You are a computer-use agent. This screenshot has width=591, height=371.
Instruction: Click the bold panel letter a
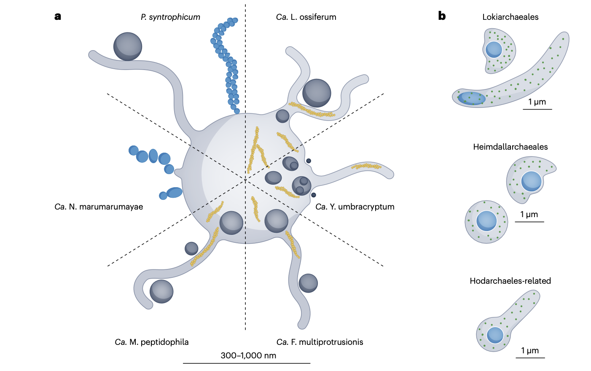pyautogui.click(x=58, y=16)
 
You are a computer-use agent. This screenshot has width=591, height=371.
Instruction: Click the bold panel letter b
pyautogui.click(x=442, y=16)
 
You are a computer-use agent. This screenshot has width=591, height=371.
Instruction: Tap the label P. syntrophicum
pyautogui.click(x=170, y=17)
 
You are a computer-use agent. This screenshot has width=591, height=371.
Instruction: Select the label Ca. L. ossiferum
pyautogui.click(x=306, y=17)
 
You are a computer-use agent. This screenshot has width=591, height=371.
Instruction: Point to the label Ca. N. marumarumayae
pyautogui.click(x=99, y=207)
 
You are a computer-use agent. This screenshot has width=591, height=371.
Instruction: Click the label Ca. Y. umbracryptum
pyautogui.click(x=355, y=207)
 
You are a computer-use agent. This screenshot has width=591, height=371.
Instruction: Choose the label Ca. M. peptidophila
pyautogui.click(x=152, y=342)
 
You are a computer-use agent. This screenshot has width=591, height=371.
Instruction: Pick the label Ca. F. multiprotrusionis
pyautogui.click(x=320, y=342)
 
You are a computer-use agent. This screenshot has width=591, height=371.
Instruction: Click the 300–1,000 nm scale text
pyautogui.click(x=248, y=355)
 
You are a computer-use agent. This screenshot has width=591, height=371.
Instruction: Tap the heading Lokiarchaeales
pyautogui.click(x=510, y=17)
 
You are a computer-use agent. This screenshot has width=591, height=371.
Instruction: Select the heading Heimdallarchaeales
pyautogui.click(x=510, y=147)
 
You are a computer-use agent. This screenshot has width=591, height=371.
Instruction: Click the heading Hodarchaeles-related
pyautogui.click(x=510, y=281)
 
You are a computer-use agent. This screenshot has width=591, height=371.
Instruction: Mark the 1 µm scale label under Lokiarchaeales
pyautogui.click(x=537, y=102)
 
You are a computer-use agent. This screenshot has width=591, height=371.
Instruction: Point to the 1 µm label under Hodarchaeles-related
pyautogui.click(x=530, y=351)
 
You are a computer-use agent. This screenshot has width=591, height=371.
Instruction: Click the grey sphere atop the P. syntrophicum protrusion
pyautogui.click(x=128, y=46)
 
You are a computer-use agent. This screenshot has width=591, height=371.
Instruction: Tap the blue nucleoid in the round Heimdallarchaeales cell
pyautogui.click(x=487, y=221)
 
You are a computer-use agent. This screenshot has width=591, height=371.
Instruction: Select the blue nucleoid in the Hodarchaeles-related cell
pyautogui.click(x=495, y=335)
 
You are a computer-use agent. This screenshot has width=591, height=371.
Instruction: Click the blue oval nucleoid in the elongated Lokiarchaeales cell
pyautogui.click(x=471, y=98)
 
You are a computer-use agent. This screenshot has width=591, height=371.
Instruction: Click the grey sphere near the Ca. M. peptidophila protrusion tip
pyautogui.click(x=161, y=291)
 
